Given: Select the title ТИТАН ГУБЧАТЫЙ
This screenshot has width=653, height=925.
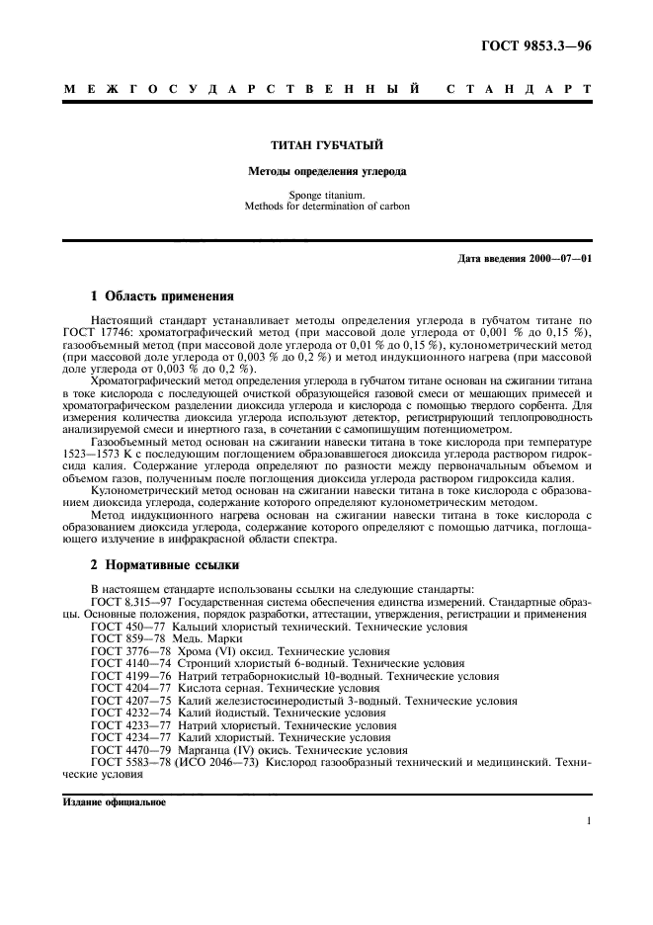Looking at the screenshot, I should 326,146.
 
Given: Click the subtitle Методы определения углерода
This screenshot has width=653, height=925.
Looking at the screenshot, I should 326,171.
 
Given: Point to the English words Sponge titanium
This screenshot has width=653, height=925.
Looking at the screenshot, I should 326,196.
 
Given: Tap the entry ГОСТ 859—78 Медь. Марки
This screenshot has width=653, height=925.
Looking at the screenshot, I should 160,639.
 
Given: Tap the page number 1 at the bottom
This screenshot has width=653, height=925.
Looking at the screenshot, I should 589,820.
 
